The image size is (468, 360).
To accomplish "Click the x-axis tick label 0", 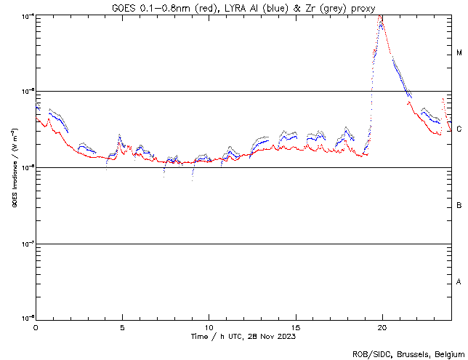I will click(x=36, y=327).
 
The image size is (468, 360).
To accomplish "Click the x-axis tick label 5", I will click(x=123, y=327).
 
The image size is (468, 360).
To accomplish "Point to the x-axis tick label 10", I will click(x=209, y=327).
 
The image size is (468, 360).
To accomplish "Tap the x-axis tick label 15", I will click(x=296, y=327).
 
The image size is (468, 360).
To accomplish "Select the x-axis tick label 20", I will click(x=382, y=327).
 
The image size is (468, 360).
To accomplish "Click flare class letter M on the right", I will click(x=459, y=53).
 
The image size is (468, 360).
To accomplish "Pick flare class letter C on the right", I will click(x=459, y=129).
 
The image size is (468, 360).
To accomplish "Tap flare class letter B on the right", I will click(x=459, y=205).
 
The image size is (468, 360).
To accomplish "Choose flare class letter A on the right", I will click(x=459, y=281).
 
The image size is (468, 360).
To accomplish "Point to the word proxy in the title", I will click(x=364, y=7).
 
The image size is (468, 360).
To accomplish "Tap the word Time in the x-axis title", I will click(x=201, y=336).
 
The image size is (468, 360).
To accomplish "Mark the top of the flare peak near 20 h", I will click(x=381, y=17).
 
